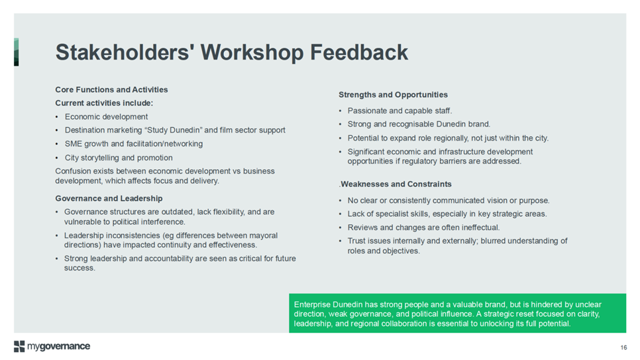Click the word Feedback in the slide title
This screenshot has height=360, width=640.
(359, 52)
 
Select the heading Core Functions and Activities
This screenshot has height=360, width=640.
(111, 90)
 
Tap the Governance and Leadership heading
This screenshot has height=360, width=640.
(109, 198)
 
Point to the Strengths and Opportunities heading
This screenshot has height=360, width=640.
(393, 95)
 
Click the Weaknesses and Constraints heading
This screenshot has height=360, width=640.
(396, 184)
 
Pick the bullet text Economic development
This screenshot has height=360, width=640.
(106, 117)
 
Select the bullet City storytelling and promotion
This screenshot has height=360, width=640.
(119, 158)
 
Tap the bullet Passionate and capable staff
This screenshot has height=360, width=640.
(400, 111)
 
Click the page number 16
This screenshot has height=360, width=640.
(623, 347)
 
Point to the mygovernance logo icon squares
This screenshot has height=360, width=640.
(19, 346)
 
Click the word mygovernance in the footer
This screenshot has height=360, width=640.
(59, 347)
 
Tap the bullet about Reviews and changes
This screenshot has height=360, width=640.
(423, 227)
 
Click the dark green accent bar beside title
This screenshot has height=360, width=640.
(17, 52)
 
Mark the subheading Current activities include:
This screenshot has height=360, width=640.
(104, 103)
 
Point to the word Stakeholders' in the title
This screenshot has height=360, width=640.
(125, 52)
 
